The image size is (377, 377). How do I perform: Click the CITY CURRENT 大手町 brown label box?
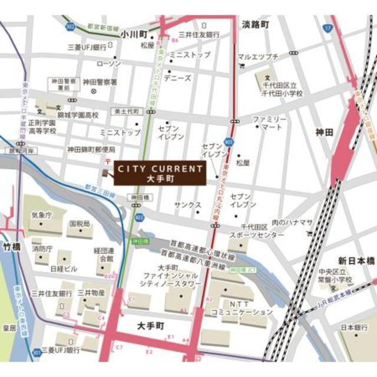160,173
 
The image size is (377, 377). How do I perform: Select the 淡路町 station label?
254,25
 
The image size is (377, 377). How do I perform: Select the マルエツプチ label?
257,57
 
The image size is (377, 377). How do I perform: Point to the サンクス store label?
187,205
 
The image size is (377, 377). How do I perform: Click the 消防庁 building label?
42,249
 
